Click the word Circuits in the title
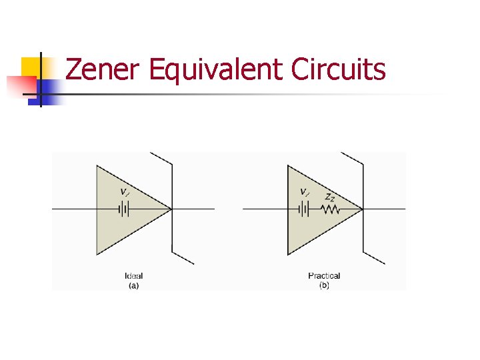(x=339, y=69)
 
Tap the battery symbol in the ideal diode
(x=123, y=209)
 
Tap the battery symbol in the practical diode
(x=304, y=209)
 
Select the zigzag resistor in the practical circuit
(x=330, y=209)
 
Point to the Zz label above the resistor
(x=329, y=197)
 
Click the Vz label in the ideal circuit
(x=125, y=192)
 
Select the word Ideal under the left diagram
(x=133, y=275)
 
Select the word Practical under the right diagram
(x=324, y=275)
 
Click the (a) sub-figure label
(x=133, y=285)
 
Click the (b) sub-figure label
(x=324, y=285)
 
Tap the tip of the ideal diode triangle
(x=171, y=209)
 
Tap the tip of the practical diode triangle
(x=361, y=209)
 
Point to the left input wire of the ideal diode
(x=73, y=209)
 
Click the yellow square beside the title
(x=30, y=67)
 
